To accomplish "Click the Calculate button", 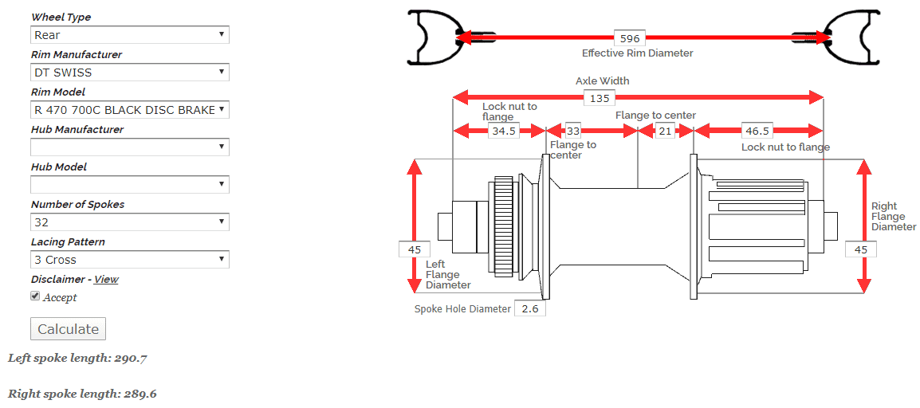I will coord(68,329).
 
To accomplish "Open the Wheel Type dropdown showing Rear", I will coord(129,35).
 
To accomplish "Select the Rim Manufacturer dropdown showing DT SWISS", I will coord(129,73).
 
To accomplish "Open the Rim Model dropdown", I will coord(129,110).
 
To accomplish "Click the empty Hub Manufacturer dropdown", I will coord(129,147).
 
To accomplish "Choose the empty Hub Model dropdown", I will coord(129,185).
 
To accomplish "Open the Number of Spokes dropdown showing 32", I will coord(129,222).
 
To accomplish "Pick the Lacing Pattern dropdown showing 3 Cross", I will coord(129,260).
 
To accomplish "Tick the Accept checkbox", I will coord(35,296).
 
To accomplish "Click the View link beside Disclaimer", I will coord(106,280).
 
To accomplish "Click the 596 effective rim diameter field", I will coord(630,38).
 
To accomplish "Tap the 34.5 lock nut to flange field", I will coord(504,131).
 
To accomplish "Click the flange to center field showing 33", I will coord(573,131).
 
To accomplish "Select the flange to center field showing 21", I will coord(665,131).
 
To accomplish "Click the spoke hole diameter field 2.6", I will coord(530,308).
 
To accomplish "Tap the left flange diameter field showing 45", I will coord(414,249).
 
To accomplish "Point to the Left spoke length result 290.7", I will coord(77,359).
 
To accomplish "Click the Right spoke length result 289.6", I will coord(81,394).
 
